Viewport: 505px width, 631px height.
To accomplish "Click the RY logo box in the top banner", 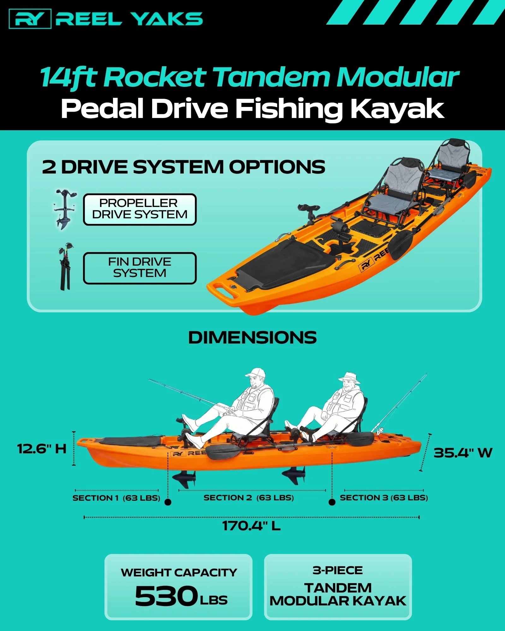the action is tap(30, 19).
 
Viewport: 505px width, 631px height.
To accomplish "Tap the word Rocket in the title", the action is tap(155, 77).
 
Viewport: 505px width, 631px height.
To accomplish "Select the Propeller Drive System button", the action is tap(140, 209).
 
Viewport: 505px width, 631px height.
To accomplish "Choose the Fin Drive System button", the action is tap(140, 268).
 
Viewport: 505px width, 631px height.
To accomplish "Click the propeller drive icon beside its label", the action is tap(65, 209).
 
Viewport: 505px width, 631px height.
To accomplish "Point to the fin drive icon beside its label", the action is tap(66, 267).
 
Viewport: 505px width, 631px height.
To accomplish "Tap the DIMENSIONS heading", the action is tap(252, 338).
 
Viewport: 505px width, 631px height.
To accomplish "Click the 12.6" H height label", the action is tap(42, 448).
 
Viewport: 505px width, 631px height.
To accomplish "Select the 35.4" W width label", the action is tap(463, 453).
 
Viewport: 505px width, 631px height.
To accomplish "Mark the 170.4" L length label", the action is tap(251, 526).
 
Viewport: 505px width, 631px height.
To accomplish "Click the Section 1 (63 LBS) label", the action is tap(116, 498).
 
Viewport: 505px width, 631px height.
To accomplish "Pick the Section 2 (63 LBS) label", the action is tap(249, 498).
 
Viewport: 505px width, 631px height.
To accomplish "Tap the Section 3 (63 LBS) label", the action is tap(384, 498).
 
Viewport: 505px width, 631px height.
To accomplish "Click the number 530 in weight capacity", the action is tap(166, 596).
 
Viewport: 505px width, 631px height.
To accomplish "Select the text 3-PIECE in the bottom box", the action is tap(338, 570).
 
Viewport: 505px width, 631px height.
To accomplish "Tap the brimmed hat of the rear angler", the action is tap(349, 378).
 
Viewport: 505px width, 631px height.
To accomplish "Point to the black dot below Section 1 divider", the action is tap(168, 502).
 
